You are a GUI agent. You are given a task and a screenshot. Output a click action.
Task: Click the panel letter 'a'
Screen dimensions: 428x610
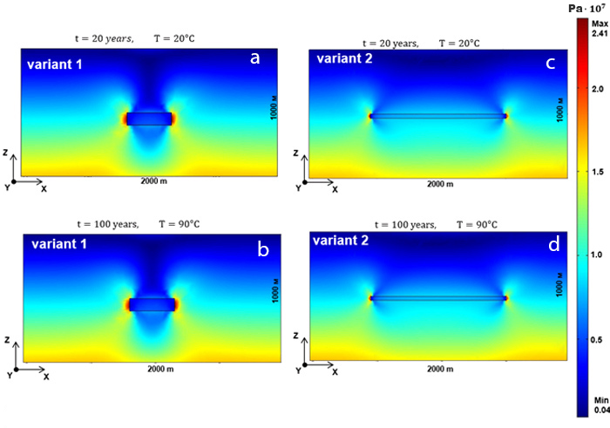tap(255, 59)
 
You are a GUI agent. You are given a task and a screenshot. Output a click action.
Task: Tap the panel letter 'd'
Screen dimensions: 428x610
tap(552, 245)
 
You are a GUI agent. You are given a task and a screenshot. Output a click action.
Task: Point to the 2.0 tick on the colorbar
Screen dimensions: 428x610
tap(595, 89)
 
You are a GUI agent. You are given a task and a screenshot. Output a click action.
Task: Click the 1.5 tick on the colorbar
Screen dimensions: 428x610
tap(595, 173)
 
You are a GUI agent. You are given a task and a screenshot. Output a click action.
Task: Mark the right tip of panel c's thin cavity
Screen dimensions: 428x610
tap(505, 115)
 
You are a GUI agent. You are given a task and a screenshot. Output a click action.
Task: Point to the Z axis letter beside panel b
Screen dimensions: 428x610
tap(7, 338)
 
